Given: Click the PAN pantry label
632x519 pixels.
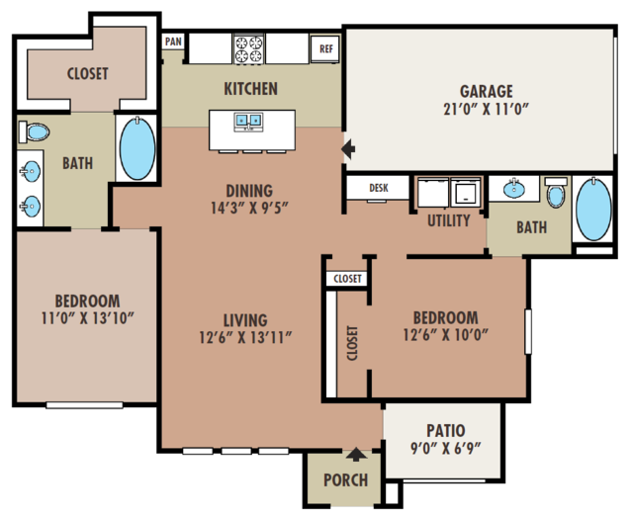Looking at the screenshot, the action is click(173, 42).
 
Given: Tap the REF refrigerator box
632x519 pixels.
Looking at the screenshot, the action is click(325, 48).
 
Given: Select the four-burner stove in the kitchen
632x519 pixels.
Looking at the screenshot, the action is click(248, 49).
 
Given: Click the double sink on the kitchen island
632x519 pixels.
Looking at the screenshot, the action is click(248, 122).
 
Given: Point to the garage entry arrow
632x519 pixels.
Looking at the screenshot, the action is click(348, 148).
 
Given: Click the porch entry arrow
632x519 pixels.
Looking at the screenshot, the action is click(356, 454).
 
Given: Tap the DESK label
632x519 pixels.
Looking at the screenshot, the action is click(379, 188).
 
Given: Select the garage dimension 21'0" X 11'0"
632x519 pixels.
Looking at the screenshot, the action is click(486, 109).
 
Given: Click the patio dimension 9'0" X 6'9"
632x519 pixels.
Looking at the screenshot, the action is click(445, 448).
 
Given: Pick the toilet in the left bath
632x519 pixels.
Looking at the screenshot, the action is click(34, 132).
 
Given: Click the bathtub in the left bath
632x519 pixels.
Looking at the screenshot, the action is click(137, 149).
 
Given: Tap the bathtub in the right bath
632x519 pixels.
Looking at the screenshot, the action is click(593, 210).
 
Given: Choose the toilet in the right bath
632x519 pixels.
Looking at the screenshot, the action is click(556, 192).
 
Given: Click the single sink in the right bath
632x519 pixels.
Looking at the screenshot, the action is click(514, 189).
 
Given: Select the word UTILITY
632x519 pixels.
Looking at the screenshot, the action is click(449, 220).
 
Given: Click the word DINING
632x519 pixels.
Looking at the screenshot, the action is click(249, 191).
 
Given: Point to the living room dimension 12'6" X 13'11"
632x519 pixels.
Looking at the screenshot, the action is click(245, 337).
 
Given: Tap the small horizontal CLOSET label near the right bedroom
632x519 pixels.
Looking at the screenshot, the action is click(347, 279).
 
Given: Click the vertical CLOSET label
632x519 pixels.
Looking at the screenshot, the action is click(352, 343).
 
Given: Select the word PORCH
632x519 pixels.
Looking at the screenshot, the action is click(345, 480).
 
